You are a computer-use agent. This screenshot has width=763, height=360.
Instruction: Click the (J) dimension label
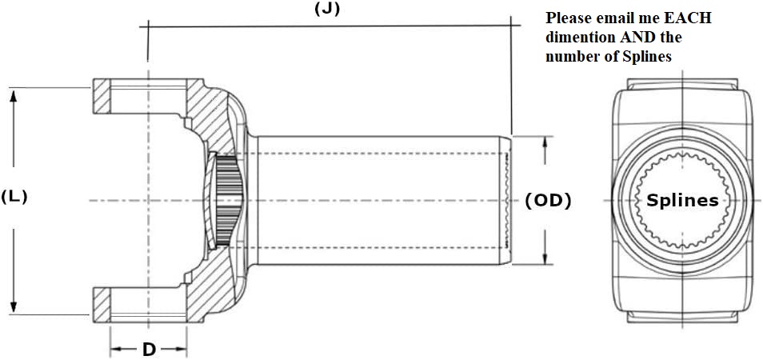click(x=327, y=10)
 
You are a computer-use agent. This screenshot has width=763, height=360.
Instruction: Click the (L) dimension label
click(x=14, y=196)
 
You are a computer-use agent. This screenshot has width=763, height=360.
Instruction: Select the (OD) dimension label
click(x=548, y=201)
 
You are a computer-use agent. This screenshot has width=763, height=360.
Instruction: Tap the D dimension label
click(x=149, y=350)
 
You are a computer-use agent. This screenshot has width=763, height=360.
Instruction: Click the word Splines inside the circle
click(x=682, y=200)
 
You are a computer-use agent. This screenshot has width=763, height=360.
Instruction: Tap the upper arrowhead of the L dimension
click(x=14, y=94)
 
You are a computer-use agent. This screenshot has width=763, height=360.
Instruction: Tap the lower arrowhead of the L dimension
click(x=14, y=307)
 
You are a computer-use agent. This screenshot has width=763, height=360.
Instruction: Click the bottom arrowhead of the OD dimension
click(x=546, y=258)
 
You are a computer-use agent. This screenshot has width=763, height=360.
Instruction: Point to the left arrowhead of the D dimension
click(x=114, y=349)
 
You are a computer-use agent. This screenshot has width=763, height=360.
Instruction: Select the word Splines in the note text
click(x=643, y=57)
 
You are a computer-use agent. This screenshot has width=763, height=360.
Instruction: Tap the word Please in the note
click(x=566, y=18)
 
